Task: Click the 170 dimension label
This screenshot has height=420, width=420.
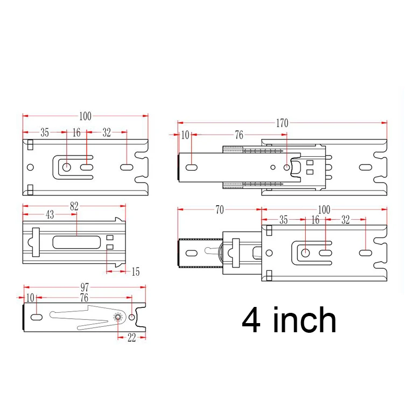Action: coord(282,123)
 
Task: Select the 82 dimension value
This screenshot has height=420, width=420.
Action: coord(74,206)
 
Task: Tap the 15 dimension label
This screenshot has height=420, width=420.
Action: coord(135,272)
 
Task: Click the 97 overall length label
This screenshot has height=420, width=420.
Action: coord(84,288)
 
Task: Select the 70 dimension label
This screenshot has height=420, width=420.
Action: coord(219,210)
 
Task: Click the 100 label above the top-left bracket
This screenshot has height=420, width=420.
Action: coord(85,116)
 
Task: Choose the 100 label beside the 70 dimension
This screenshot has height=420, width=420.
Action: coord(324,210)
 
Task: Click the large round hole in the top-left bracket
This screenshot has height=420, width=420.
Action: coord(66,167)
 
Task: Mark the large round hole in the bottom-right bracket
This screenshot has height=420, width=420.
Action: coord(305,253)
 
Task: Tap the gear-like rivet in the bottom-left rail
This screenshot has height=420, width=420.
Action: coord(118,318)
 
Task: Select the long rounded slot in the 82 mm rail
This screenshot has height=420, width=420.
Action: coord(75,242)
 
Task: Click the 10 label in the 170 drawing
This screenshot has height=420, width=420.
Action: coord(185,135)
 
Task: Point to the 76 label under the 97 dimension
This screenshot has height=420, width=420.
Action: coord(84,297)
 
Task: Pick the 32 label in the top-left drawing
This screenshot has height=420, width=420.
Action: coord(107,132)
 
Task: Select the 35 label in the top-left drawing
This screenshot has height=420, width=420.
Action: coord(44,132)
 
